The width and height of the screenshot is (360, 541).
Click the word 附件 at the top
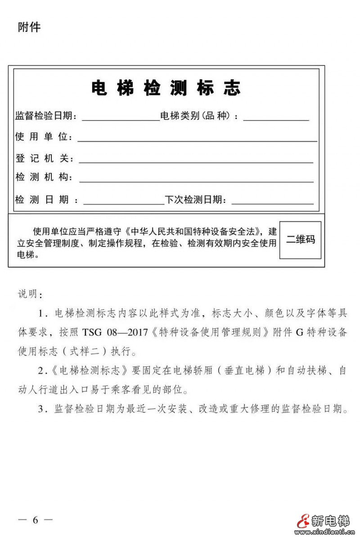[x=29, y=27]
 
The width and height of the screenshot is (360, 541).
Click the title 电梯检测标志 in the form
[x=166, y=88]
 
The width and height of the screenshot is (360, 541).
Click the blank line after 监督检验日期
[x=121, y=120]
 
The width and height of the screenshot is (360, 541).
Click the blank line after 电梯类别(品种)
[x=276, y=120]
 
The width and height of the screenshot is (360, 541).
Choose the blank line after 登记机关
[x=196, y=162]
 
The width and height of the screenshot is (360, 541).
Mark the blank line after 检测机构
[x=196, y=181]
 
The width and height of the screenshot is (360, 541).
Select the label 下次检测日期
[x=195, y=200]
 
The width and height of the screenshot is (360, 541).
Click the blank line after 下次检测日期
[x=272, y=203]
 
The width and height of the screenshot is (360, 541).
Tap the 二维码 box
[x=301, y=240]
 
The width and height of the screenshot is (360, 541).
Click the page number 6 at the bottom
[x=36, y=520]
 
